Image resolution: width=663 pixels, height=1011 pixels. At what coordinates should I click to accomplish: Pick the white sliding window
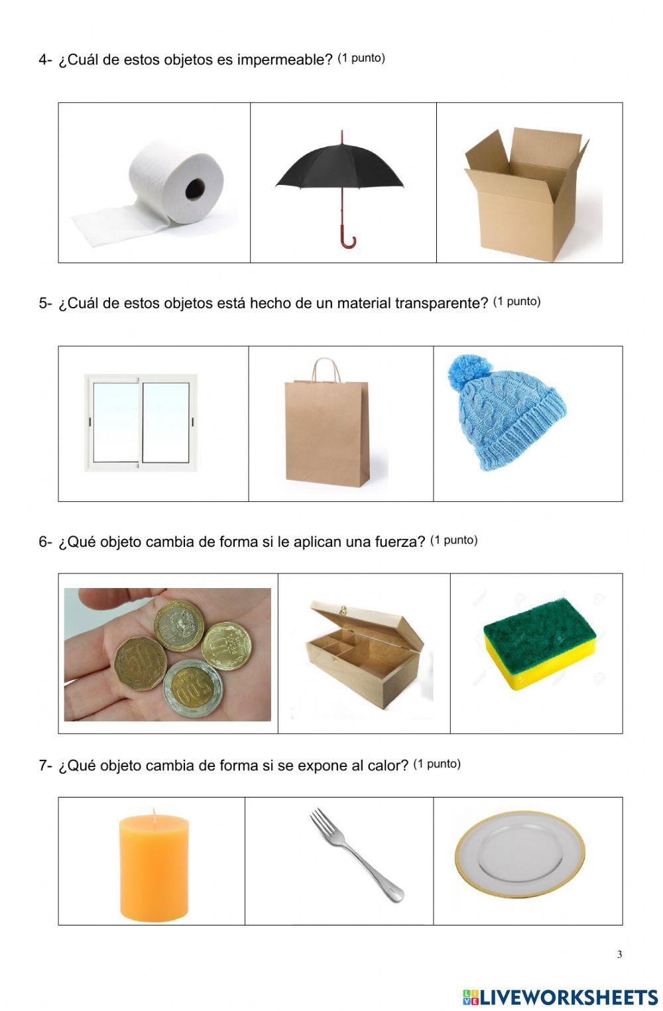click(141, 422)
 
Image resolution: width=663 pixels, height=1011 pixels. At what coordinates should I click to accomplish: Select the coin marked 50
click(139, 665)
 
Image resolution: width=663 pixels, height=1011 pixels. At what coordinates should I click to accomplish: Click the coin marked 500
click(193, 688)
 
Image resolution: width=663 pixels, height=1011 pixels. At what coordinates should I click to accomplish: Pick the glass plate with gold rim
click(520, 855)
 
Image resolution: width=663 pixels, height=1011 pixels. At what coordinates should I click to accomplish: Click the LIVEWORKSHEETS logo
click(560, 997)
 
